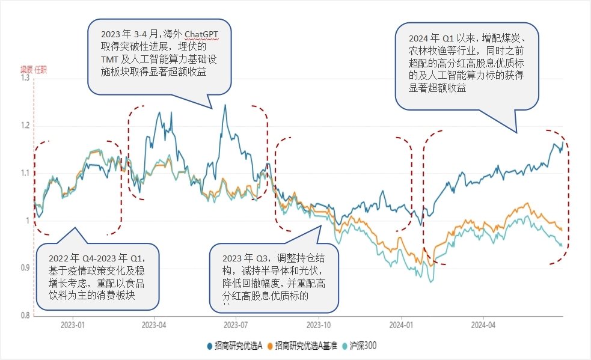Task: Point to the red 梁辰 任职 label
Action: point(34,70)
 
